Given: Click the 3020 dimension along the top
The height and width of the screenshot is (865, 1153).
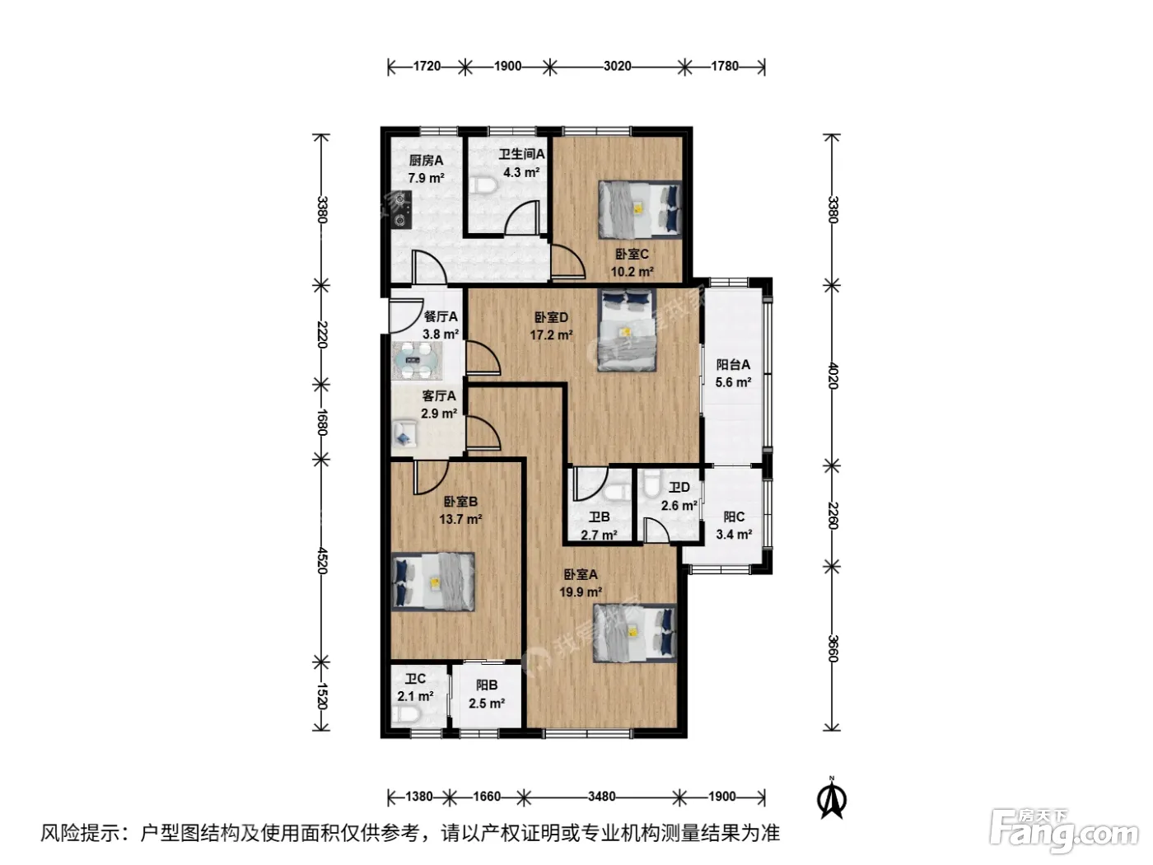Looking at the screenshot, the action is [617, 66].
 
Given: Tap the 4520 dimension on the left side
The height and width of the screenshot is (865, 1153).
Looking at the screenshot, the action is [322, 560].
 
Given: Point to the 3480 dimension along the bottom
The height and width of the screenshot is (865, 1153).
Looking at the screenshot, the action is [601, 797].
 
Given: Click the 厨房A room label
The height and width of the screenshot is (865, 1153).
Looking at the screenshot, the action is [426, 161].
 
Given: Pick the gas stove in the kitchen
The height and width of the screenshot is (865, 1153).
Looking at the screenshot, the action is [403, 209].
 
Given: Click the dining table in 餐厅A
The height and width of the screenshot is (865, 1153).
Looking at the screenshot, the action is [417, 361].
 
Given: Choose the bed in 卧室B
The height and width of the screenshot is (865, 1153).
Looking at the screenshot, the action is [433, 582].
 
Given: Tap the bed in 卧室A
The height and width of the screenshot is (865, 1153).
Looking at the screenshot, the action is [634, 633].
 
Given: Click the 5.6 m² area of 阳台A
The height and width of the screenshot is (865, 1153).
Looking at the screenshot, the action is [733, 382].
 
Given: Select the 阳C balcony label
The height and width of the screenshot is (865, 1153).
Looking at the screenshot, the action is [734, 517].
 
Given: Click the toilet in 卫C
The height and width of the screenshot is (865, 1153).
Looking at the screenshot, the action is [404, 713].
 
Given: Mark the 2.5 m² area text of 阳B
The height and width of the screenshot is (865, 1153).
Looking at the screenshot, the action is [487, 704].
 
